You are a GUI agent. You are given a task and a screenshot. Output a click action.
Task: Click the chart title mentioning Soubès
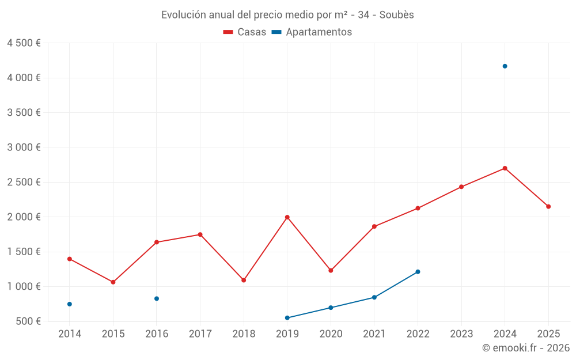[x=287, y=15]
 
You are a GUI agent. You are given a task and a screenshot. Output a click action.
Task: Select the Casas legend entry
[x=245, y=32]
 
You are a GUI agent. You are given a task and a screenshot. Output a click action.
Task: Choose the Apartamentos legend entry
[x=312, y=32]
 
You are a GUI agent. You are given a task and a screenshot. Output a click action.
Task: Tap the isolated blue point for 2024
[x=505, y=66]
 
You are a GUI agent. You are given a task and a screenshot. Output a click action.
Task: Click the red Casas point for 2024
[x=505, y=168]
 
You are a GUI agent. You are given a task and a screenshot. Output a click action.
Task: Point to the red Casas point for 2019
[x=287, y=217]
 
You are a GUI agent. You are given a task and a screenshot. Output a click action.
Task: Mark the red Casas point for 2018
[x=244, y=281]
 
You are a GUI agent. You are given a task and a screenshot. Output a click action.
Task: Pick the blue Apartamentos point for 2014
[x=70, y=304]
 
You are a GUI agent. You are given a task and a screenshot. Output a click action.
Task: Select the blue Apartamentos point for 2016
[x=157, y=298]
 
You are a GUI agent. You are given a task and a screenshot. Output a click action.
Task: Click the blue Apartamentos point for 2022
[x=418, y=272]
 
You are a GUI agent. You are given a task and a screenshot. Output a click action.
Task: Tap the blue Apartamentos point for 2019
[x=287, y=318]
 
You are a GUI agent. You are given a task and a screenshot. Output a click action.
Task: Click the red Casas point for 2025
[x=548, y=207]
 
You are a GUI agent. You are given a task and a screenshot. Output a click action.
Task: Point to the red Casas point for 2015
[x=113, y=282]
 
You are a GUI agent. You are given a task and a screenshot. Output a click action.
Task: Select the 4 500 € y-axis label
[x=24, y=43]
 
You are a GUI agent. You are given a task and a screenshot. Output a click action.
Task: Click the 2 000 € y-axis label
[x=24, y=217]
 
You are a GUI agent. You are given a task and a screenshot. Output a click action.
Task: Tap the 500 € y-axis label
[x=28, y=321]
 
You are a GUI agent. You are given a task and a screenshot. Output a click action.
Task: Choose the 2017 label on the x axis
[x=200, y=334]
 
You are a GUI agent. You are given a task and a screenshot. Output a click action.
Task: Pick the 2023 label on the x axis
[x=461, y=334]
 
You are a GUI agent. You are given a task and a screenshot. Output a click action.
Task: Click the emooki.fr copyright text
[x=525, y=348]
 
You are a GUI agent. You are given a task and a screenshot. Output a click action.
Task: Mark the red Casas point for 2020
[x=331, y=271]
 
